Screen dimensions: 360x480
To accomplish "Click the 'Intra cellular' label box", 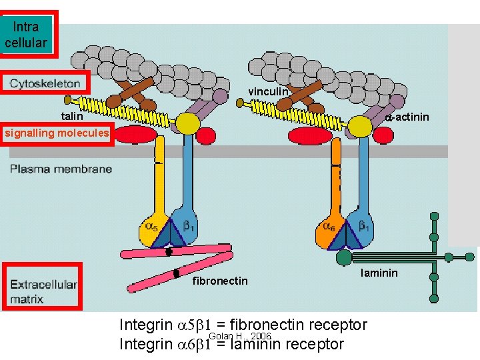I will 27,35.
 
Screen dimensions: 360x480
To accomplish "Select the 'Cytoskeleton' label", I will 45,84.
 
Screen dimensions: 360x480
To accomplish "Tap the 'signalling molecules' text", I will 56,133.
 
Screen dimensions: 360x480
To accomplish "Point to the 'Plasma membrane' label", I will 61,169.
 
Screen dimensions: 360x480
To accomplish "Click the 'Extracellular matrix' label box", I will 43,287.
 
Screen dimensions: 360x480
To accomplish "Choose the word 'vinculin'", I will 269,91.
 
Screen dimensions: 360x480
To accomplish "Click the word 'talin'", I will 72,116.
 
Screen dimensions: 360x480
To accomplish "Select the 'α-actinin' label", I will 407,118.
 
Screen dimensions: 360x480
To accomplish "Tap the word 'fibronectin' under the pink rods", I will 220,281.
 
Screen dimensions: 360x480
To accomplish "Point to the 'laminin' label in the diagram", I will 379,273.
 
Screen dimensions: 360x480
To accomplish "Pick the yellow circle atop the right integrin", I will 361,126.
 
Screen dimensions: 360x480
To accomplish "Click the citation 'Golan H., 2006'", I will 239,336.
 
